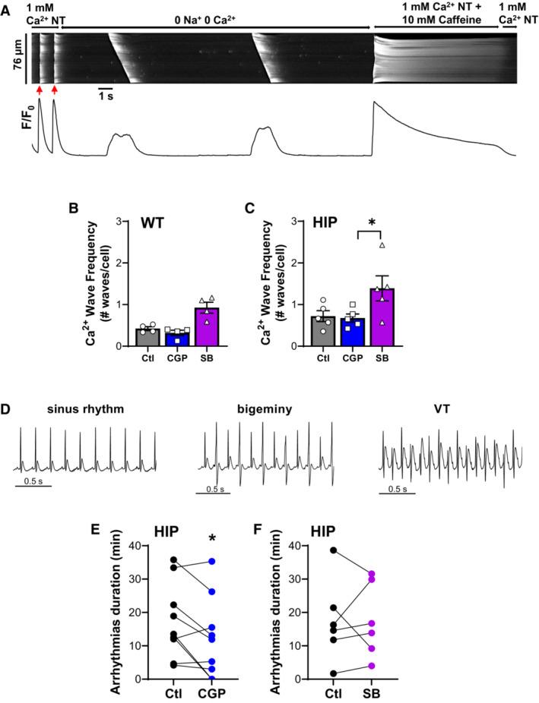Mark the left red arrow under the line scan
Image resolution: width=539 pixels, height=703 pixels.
pos(36,92)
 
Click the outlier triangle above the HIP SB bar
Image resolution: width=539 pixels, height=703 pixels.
pos(382,245)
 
